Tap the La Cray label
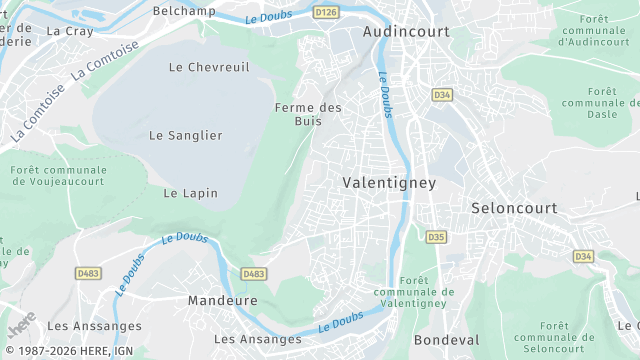(x=69, y=31)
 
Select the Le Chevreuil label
(x=209, y=67)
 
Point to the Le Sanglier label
(x=186, y=135)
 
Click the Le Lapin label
(x=190, y=193)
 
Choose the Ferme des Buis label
(x=308, y=114)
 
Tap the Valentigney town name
(x=389, y=183)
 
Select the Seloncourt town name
(x=514, y=208)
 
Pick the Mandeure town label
(x=222, y=300)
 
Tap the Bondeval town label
(x=447, y=340)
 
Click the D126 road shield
(x=325, y=12)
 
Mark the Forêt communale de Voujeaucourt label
(x=59, y=177)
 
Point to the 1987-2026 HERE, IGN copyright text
(x=65, y=352)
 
